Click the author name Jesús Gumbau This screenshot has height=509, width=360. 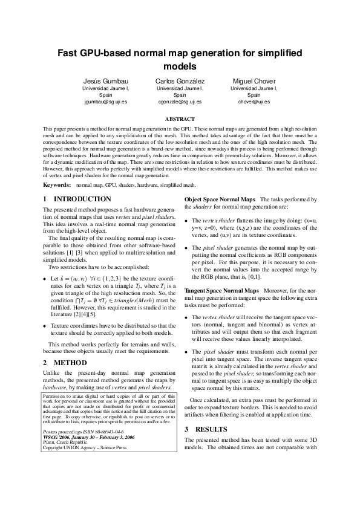click(105, 81)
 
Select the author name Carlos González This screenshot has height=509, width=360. click(180, 81)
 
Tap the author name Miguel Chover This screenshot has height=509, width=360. click(254, 81)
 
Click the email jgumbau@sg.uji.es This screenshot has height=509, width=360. click(105, 103)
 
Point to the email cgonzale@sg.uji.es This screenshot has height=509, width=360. click(180, 103)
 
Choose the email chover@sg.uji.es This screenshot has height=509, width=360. click(254, 103)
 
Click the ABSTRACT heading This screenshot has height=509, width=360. click(180, 119)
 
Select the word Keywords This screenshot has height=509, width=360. click(56, 184)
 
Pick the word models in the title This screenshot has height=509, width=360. click(180, 66)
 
